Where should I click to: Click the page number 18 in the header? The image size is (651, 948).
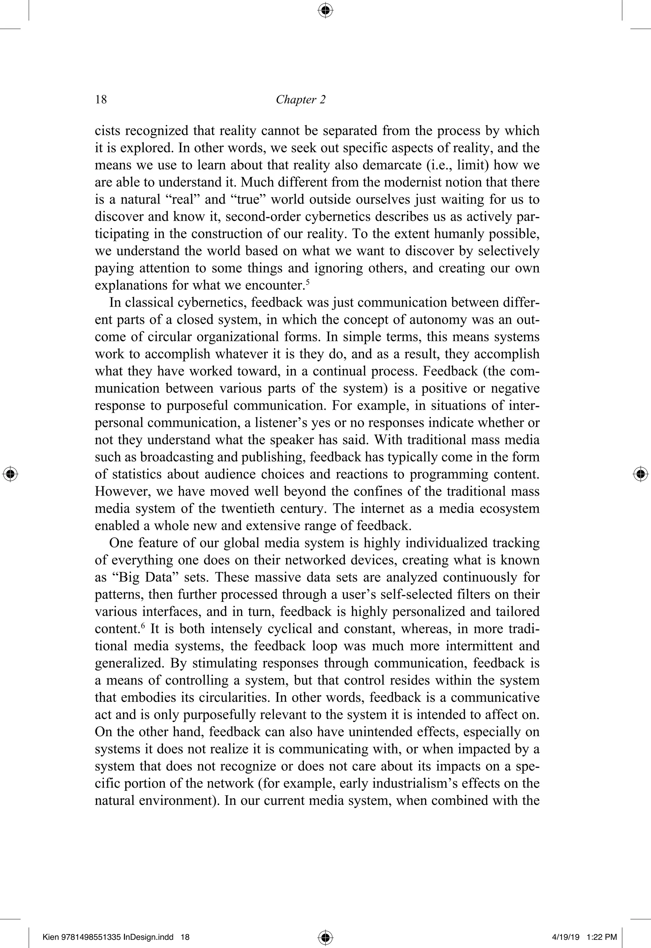click(x=101, y=100)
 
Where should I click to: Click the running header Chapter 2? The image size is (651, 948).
click(x=301, y=100)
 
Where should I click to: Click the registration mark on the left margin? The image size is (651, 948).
click(x=10, y=474)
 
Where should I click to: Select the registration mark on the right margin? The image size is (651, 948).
click(x=641, y=474)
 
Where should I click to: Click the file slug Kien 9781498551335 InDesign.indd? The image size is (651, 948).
click(x=108, y=937)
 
